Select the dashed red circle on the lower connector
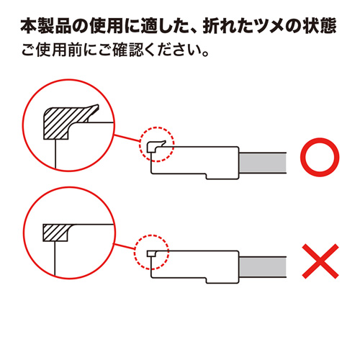(x=151, y=249)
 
